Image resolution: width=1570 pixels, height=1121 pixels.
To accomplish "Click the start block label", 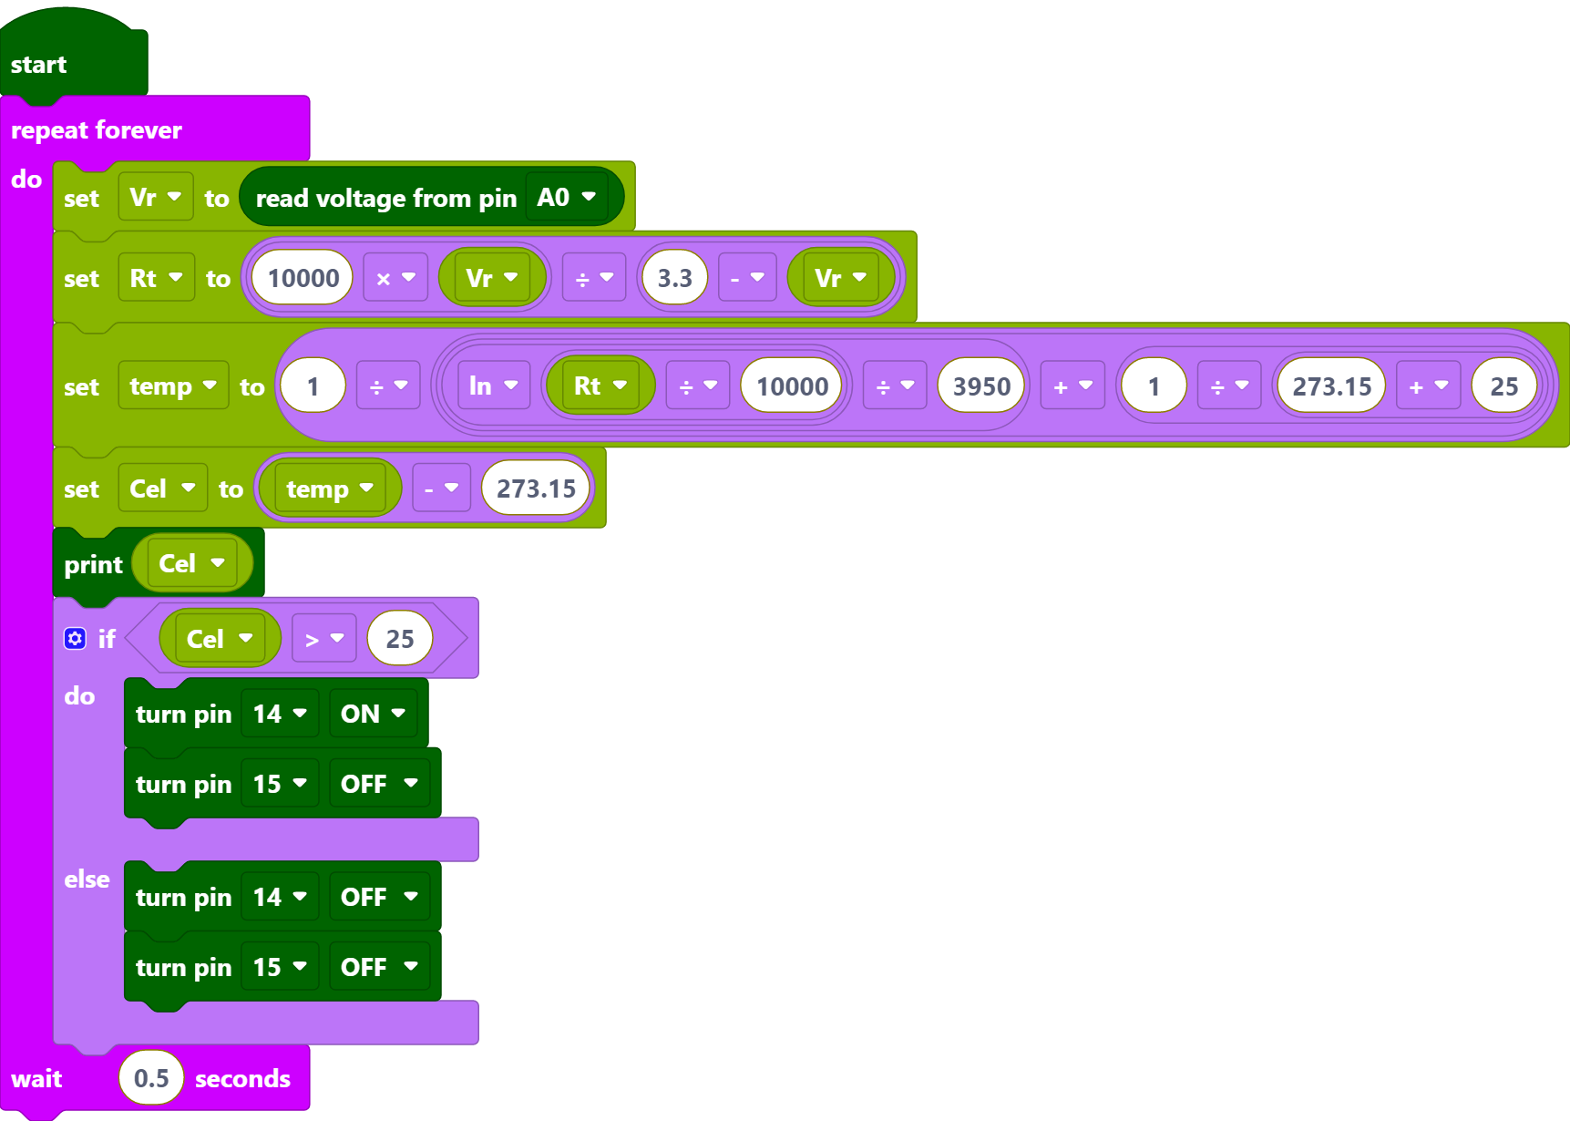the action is (38, 65).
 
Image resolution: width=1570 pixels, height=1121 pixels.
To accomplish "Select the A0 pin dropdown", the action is (567, 197).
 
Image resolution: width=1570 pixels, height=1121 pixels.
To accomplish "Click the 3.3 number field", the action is (674, 278).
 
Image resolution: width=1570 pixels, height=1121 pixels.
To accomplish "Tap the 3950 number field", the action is (981, 386).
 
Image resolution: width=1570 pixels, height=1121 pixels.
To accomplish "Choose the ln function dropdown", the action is (493, 386).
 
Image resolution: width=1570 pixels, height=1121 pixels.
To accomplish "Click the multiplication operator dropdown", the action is (395, 278).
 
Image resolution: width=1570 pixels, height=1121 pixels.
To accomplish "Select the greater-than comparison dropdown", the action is (324, 639).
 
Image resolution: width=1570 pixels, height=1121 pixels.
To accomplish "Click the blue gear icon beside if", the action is (75, 639).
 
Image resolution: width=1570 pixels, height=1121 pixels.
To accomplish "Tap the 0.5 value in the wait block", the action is (151, 1078).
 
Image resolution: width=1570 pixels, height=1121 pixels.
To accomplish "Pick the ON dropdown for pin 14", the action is (373, 714).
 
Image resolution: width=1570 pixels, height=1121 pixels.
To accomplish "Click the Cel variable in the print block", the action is (191, 563).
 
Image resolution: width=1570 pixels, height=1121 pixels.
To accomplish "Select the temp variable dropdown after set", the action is (173, 386).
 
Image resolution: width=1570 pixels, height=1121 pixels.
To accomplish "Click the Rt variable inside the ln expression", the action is (600, 386).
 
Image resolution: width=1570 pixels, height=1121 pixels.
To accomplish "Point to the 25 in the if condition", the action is (400, 639).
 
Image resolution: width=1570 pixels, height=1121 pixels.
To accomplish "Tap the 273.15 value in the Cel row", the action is (536, 489).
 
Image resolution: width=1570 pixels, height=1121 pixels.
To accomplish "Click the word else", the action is (87, 879).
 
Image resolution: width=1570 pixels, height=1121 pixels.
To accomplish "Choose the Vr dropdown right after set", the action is (155, 197).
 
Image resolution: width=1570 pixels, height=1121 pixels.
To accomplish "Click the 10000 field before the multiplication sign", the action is (303, 278).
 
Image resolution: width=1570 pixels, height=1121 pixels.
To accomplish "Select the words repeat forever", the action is (97, 130).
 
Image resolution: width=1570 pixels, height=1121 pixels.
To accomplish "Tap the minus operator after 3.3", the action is (747, 278).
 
